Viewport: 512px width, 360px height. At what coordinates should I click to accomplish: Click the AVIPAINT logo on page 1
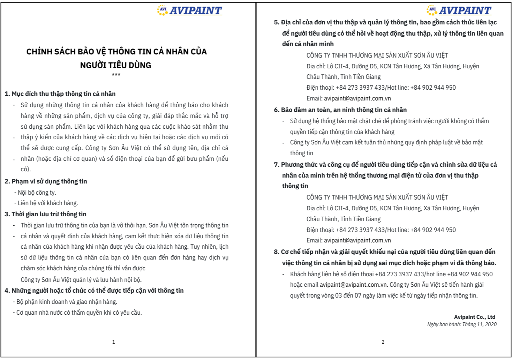tap(189, 10)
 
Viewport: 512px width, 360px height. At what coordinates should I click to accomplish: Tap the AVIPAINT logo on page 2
tap(459, 10)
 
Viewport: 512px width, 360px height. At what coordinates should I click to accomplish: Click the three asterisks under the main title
tap(116, 75)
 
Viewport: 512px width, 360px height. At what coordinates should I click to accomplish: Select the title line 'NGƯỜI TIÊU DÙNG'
tap(116, 65)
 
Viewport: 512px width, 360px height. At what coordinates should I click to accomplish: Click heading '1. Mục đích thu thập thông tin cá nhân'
tap(60, 94)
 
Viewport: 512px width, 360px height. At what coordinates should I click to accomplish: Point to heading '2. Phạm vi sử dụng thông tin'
tap(46, 181)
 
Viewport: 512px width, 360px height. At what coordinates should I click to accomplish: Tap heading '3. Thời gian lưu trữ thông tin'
tap(46, 214)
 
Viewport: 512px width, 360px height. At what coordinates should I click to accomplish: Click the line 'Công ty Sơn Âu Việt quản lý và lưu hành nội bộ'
tap(81, 280)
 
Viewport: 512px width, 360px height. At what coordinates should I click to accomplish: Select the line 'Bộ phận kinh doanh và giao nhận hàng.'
tap(67, 302)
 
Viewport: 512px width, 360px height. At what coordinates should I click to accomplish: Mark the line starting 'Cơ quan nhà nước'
tap(79, 313)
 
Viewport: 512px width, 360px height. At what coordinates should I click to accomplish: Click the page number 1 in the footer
tap(114, 342)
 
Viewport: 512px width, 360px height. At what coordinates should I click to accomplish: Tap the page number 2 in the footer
tap(383, 342)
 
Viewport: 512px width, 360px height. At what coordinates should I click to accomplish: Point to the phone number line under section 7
tap(381, 230)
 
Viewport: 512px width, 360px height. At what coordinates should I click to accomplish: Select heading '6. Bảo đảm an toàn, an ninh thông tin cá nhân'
tap(340, 110)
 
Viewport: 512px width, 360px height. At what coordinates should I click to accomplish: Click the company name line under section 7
tap(377, 197)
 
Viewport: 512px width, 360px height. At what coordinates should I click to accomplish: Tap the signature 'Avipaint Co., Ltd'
tap(474, 317)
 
